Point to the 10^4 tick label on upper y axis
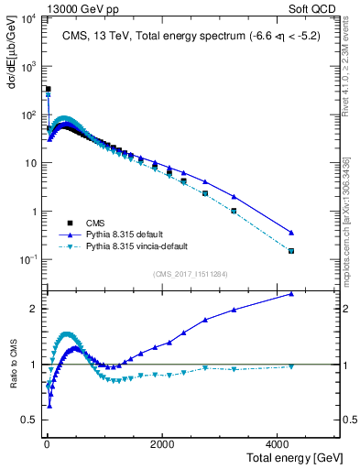tap(28, 19)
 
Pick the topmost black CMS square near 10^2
tap(48, 89)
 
